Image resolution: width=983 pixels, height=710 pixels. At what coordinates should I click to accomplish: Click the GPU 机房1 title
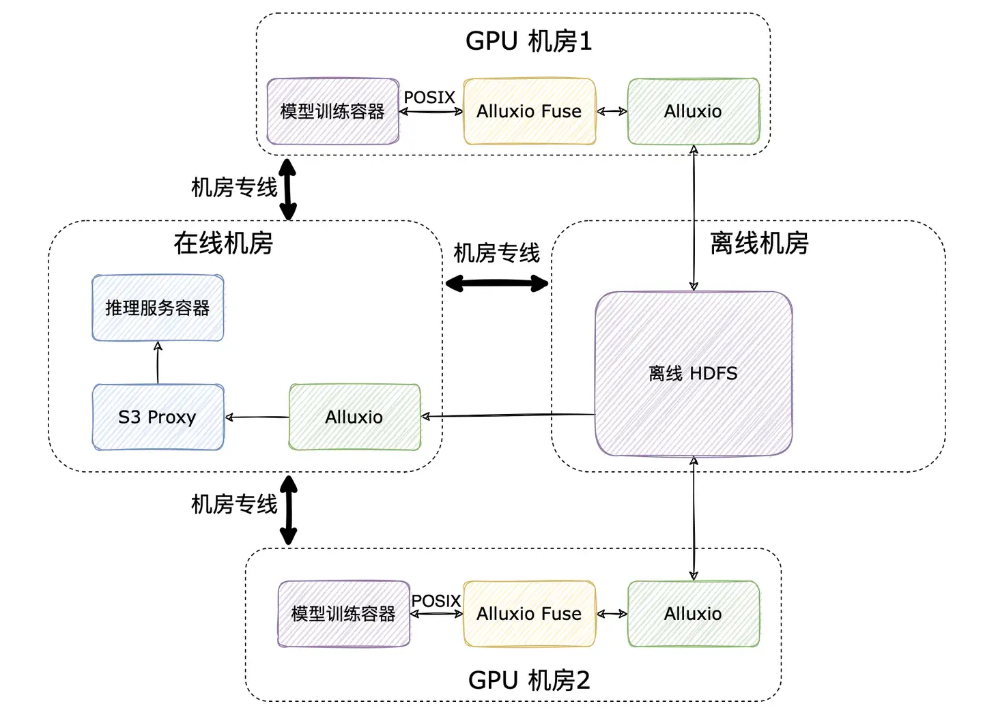point(528,42)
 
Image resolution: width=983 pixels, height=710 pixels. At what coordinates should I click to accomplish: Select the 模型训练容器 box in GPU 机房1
point(332,111)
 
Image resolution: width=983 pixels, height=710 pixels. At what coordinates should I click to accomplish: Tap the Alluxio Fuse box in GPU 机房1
point(529,111)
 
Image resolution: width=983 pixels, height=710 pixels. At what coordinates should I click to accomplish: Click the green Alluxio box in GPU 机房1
point(693,111)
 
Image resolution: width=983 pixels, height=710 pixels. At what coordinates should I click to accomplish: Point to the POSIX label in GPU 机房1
point(429,98)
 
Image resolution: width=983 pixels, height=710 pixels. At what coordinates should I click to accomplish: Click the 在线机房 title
point(223,243)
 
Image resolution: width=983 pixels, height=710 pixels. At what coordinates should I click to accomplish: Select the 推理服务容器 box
point(158,308)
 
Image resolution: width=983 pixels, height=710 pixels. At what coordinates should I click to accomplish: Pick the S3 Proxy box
point(158,417)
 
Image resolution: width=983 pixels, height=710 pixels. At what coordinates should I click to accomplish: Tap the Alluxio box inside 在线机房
point(354,417)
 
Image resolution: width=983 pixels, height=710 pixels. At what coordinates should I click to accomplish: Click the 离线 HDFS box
point(693,373)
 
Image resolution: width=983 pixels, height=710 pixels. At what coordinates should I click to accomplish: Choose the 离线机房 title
point(759,243)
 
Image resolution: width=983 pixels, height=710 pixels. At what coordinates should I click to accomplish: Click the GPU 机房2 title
point(528,680)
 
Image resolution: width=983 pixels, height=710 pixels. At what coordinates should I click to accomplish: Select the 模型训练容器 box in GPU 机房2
point(343,614)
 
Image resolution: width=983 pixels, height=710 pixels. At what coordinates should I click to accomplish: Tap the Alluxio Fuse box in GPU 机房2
point(529,614)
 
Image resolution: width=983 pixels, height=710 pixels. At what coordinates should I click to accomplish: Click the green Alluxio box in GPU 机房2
point(693,614)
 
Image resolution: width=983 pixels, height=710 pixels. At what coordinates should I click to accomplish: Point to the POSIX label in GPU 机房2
point(436,601)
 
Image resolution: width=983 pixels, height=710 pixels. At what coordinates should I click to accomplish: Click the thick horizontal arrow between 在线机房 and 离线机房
point(496,283)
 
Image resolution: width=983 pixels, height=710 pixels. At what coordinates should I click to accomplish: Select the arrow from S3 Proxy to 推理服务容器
point(158,363)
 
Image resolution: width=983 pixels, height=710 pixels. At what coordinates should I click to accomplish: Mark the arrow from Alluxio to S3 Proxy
point(257,417)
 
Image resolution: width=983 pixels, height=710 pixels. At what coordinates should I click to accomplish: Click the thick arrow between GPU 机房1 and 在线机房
point(288,189)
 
